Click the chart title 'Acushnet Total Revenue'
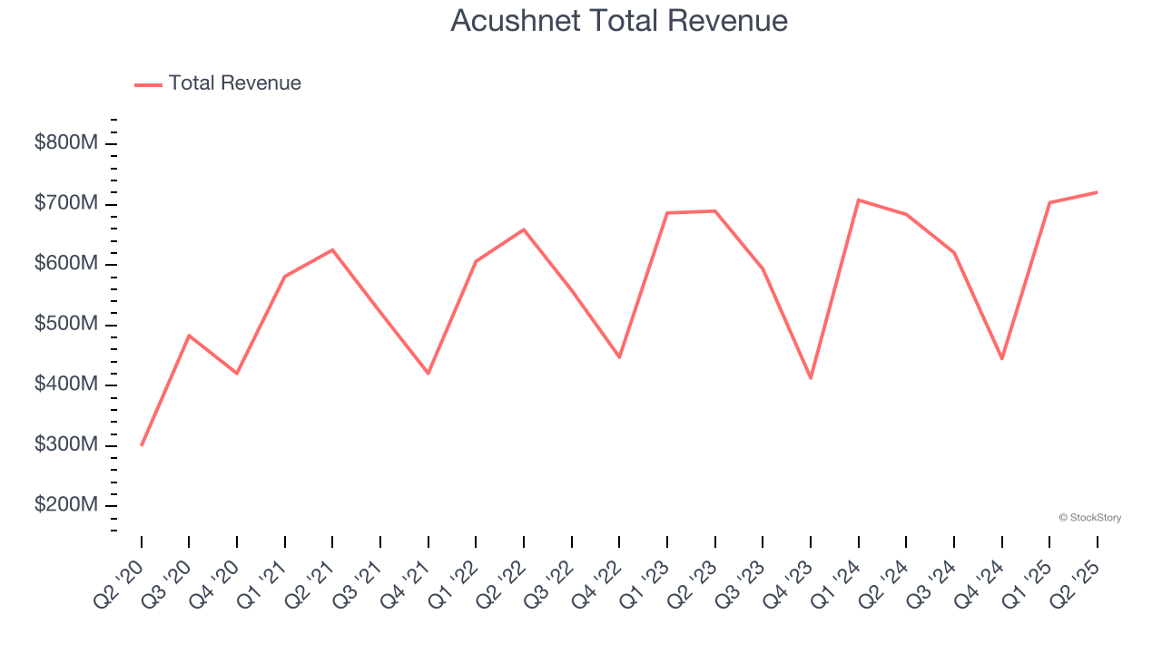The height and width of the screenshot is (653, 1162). tap(619, 21)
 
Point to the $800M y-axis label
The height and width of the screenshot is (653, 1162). tap(66, 143)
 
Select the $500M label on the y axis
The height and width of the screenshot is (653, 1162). tap(66, 325)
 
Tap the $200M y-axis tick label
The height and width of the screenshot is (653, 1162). tap(66, 505)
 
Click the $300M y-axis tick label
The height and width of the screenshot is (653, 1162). tap(66, 445)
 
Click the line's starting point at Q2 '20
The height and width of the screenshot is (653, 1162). tap(142, 444)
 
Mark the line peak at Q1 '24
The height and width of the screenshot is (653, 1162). tap(858, 200)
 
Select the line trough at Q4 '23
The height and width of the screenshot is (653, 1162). tap(811, 378)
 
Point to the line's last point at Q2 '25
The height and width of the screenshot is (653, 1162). tap(1097, 192)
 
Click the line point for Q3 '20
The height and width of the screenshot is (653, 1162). tap(189, 336)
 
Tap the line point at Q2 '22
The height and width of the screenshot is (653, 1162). tap(524, 229)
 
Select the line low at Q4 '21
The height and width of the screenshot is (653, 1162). tap(428, 374)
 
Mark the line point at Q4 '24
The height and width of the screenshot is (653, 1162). tap(1001, 359)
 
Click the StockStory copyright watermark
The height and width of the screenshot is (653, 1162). tap(1089, 518)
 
